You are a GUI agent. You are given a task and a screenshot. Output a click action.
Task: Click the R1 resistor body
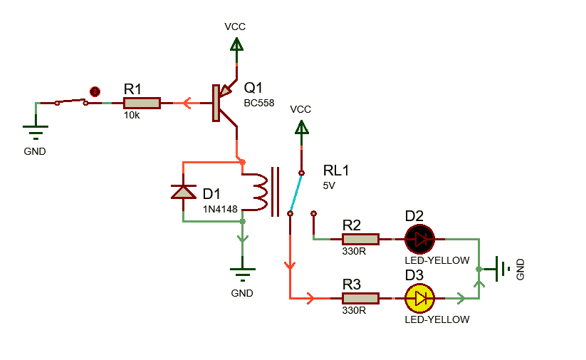142,103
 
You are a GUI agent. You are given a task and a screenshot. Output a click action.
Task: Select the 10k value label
132,116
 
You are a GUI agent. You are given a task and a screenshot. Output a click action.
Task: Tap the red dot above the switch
95,91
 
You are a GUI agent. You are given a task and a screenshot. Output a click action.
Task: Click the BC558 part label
259,103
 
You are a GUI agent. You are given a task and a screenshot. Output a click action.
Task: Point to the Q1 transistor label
253,88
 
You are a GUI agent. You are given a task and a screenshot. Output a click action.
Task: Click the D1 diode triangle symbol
183,191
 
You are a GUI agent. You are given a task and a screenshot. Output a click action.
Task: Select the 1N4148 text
220,209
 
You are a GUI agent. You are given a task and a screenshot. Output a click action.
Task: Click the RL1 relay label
336,170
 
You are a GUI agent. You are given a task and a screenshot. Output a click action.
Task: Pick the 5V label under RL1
329,186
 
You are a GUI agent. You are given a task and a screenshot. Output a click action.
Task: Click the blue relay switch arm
296,193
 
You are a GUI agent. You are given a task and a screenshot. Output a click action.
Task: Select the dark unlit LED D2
420,239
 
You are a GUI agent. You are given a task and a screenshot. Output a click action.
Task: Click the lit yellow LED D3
420,298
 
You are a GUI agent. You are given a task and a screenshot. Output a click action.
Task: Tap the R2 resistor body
360,239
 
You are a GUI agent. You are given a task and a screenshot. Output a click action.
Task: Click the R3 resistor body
360,298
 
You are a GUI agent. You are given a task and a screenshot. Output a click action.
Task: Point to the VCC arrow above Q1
236,44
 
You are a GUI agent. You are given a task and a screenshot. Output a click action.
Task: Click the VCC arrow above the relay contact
301,127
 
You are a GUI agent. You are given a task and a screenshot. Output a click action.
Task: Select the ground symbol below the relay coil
243,275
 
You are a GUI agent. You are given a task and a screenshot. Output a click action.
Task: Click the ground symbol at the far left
36,133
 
